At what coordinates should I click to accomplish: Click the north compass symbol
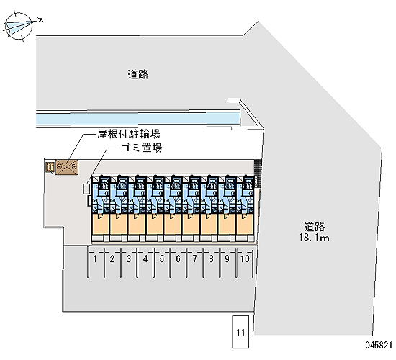[x=19, y=27]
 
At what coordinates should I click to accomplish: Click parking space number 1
[x=96, y=263]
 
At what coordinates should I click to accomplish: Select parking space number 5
[x=161, y=263]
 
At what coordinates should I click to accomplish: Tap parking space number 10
[x=245, y=263]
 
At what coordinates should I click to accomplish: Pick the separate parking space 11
[x=240, y=332]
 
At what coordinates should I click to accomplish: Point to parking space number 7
[x=194, y=263]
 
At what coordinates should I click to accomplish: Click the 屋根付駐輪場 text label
[x=129, y=134]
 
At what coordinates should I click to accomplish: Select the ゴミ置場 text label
[x=141, y=148]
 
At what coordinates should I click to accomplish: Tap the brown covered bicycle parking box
[x=67, y=167]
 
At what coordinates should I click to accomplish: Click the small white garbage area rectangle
[x=86, y=189]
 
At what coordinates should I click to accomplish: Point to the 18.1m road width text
[x=314, y=238]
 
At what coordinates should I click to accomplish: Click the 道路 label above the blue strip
[x=138, y=75]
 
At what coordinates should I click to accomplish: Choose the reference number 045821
[x=379, y=345]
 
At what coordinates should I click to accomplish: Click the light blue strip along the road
[x=138, y=118]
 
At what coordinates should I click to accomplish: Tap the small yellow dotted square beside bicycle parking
[x=50, y=167]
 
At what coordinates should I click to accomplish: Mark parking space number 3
[x=129, y=263]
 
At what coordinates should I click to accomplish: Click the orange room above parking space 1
[x=101, y=225]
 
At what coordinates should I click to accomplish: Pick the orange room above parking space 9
[x=227, y=225]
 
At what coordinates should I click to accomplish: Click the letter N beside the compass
[x=40, y=20]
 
